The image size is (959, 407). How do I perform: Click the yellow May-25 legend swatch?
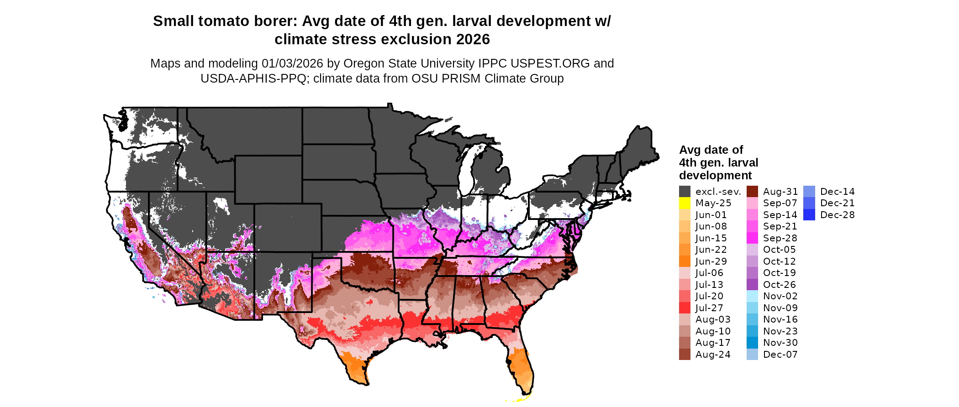pos(685,203)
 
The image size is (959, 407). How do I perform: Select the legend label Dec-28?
pos(837,215)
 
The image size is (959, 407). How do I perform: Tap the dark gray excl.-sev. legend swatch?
pos(685,192)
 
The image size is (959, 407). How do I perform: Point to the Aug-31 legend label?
pos(780,192)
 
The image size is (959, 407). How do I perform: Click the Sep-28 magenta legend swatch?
pos(752,238)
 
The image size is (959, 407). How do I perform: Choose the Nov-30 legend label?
pos(780,343)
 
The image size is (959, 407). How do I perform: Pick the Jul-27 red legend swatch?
pos(685,308)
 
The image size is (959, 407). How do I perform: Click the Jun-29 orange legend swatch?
pos(685,261)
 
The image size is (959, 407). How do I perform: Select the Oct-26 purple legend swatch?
pos(752,285)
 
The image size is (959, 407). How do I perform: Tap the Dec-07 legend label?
pos(780,355)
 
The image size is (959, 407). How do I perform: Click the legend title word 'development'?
pos(715,176)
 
